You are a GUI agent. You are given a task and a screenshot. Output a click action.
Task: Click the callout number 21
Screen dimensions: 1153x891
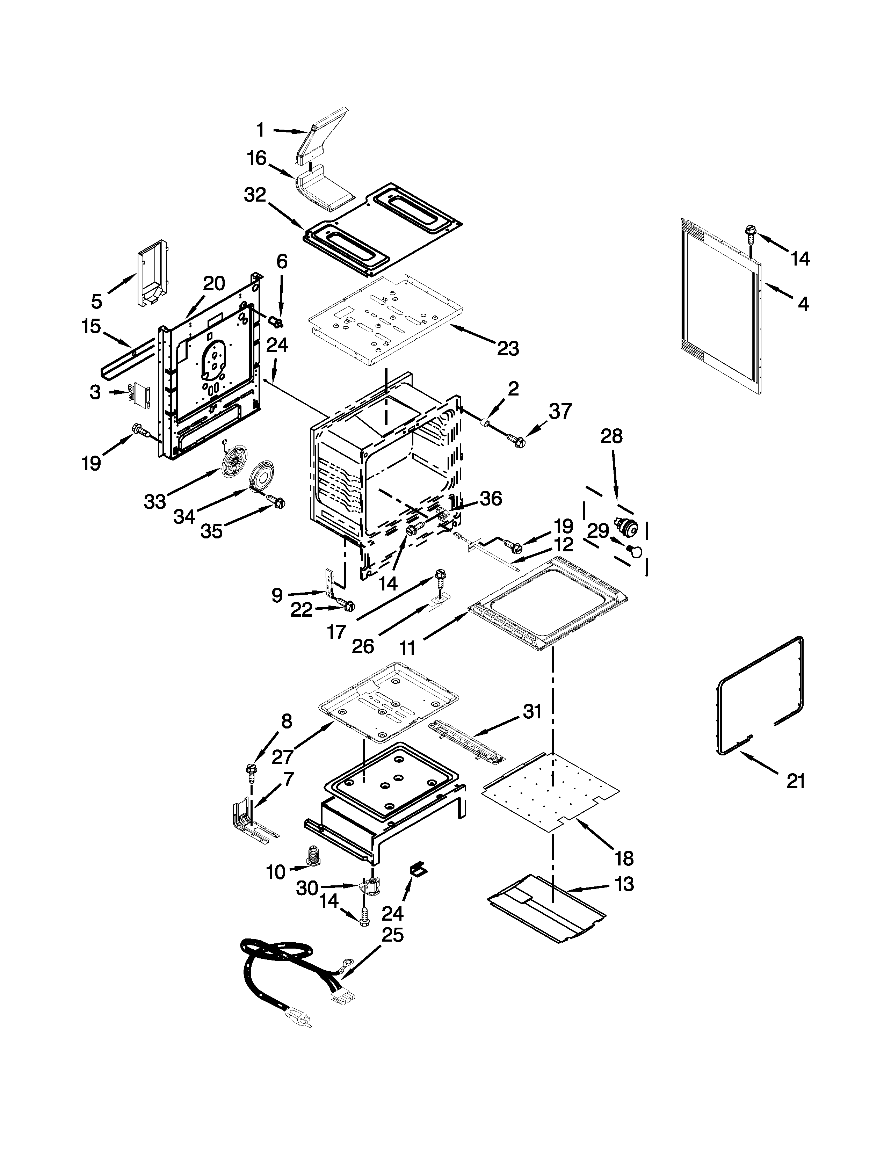tap(796, 780)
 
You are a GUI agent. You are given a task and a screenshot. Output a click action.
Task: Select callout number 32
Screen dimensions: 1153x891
tap(255, 195)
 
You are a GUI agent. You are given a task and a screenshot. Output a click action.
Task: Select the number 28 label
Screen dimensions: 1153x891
tap(611, 436)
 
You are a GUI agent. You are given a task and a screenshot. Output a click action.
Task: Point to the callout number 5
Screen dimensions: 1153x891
tap(96, 302)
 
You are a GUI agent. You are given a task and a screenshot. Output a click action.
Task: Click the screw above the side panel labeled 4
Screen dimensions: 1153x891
tap(750, 232)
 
